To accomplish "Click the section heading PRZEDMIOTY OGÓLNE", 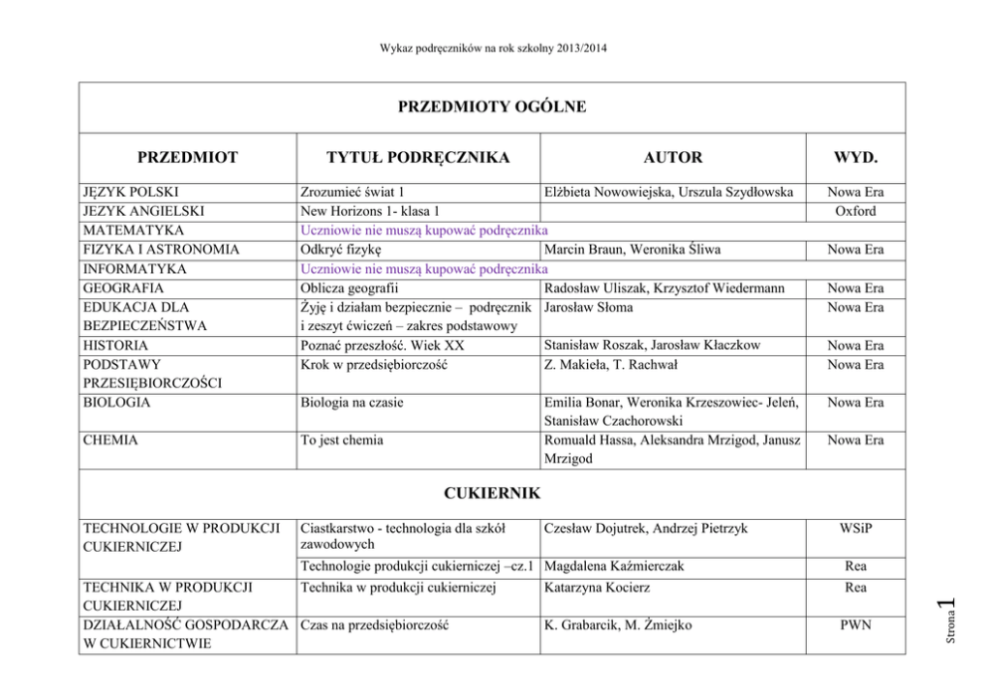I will [493, 107].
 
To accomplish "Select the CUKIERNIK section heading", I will [493, 492].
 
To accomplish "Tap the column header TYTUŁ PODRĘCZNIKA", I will [419, 157].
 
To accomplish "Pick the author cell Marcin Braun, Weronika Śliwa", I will [633, 249].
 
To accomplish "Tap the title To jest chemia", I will [341, 439].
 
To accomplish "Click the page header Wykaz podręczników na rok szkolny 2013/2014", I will [493, 48].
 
